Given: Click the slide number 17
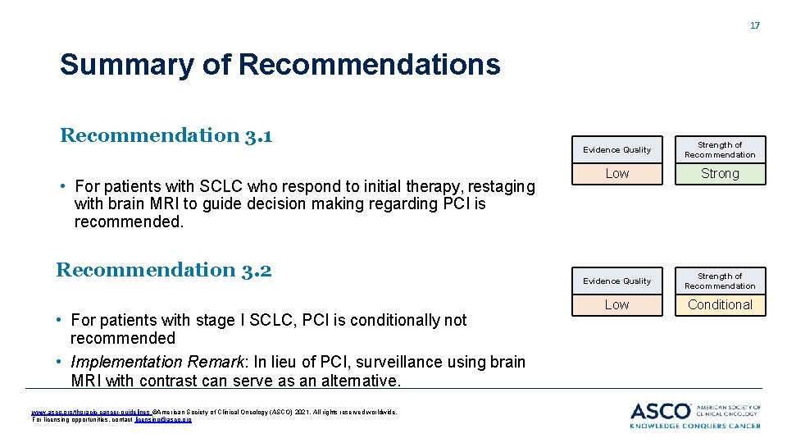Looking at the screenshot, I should (755, 25).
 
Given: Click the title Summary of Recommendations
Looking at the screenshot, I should (280, 64).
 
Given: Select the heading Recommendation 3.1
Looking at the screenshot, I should (166, 135).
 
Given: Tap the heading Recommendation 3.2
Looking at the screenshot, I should (164, 270).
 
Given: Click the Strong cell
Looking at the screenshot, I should (720, 174).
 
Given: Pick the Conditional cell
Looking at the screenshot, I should (720, 305).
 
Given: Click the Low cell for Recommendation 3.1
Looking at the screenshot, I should (616, 174).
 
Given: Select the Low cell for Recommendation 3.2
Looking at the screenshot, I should (616, 305).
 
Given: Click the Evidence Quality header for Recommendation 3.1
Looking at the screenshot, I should (616, 150).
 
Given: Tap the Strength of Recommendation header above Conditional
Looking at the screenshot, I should (720, 281).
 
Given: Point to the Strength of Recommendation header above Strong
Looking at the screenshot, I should (720, 150).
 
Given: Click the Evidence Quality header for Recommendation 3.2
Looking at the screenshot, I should (616, 281).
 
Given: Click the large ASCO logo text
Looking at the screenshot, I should (661, 410).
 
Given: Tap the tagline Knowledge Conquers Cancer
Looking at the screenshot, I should (695, 426).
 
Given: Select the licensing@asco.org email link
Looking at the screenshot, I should (170, 419).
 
